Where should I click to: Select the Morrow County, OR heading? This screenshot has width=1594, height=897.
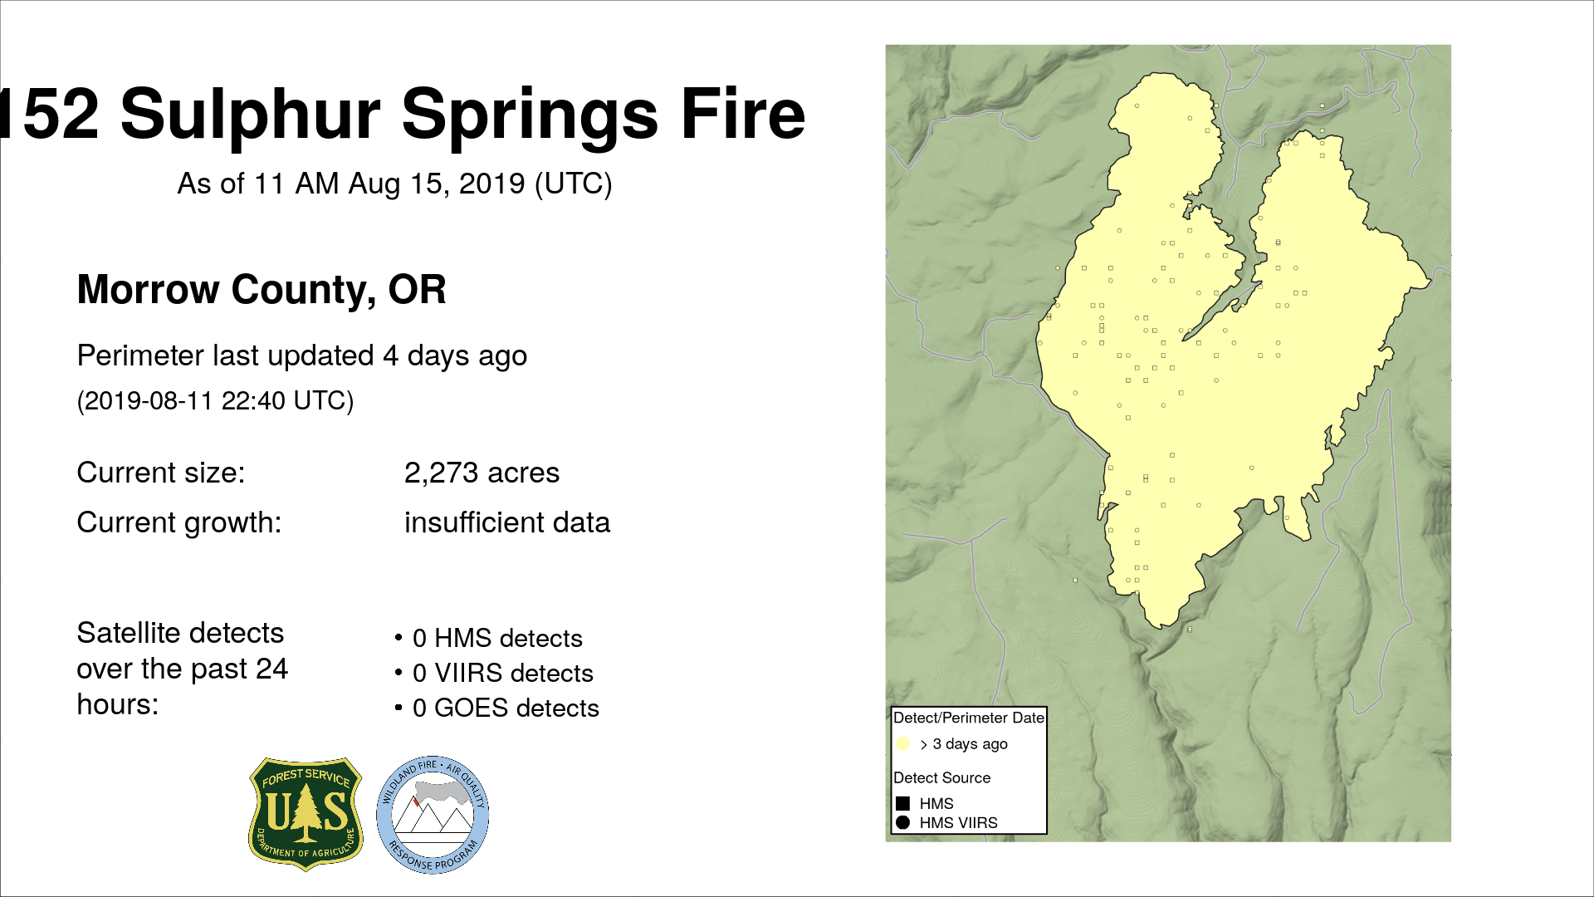(262, 290)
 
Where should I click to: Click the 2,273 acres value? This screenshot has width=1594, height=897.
(482, 473)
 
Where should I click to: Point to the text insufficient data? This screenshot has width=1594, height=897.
(506, 522)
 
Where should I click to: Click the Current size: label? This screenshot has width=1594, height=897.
(161, 473)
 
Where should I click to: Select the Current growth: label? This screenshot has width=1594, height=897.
(179, 523)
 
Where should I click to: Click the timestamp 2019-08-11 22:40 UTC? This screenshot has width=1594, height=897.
(215, 400)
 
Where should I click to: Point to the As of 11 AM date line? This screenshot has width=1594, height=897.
(394, 184)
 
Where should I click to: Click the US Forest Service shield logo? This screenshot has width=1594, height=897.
(306, 814)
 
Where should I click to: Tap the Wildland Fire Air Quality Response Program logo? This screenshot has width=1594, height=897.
(433, 815)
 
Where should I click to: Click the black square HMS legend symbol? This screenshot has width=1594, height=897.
(903, 803)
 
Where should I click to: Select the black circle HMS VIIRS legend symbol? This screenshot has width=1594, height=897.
(903, 822)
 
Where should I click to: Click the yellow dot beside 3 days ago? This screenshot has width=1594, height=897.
(903, 744)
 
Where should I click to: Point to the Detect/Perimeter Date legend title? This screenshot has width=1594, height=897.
(968, 718)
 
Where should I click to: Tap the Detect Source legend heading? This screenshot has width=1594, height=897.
(942, 778)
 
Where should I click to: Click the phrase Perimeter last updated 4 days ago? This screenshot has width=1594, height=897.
(302, 356)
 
